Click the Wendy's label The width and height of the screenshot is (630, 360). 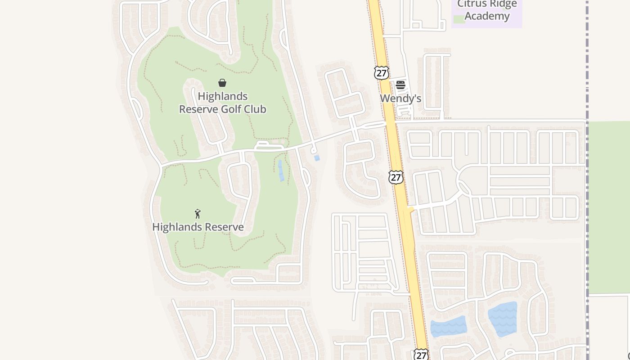pos(400,98)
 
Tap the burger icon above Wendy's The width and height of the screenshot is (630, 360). pos(400,85)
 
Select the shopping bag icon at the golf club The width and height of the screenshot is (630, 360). pos(222,83)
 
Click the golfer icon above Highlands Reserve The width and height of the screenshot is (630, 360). pos(198,214)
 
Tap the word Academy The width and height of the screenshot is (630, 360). pos(487,16)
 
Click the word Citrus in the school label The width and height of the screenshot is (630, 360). pos(472,4)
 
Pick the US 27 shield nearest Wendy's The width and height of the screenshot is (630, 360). pos(381,73)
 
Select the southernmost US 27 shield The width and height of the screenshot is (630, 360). pos(421,355)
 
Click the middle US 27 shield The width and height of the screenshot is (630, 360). pos(396,177)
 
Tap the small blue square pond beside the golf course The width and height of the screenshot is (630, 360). pos(317,158)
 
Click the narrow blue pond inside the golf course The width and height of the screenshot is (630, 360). pos(281,171)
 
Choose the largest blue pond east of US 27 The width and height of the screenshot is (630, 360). pos(503,319)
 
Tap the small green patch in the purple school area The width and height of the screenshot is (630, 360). pos(459,19)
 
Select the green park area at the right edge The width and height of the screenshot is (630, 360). pos(609,207)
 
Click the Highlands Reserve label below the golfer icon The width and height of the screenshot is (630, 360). pos(198,227)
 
